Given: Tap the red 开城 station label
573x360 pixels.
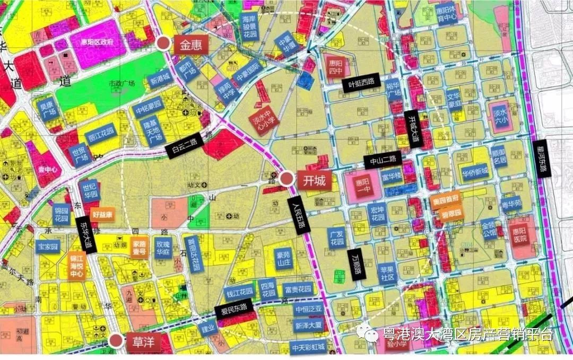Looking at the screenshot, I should [x=314, y=180].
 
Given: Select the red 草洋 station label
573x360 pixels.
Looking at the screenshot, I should [x=143, y=342].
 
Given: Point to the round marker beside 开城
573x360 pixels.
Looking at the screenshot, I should [x=288, y=179].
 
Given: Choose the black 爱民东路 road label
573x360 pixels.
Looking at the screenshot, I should [x=234, y=309].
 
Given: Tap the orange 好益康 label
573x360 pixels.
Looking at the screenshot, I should [x=103, y=215].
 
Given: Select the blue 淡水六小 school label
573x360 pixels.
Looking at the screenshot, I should [x=500, y=113].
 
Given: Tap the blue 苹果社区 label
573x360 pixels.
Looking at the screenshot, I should [x=387, y=273].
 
